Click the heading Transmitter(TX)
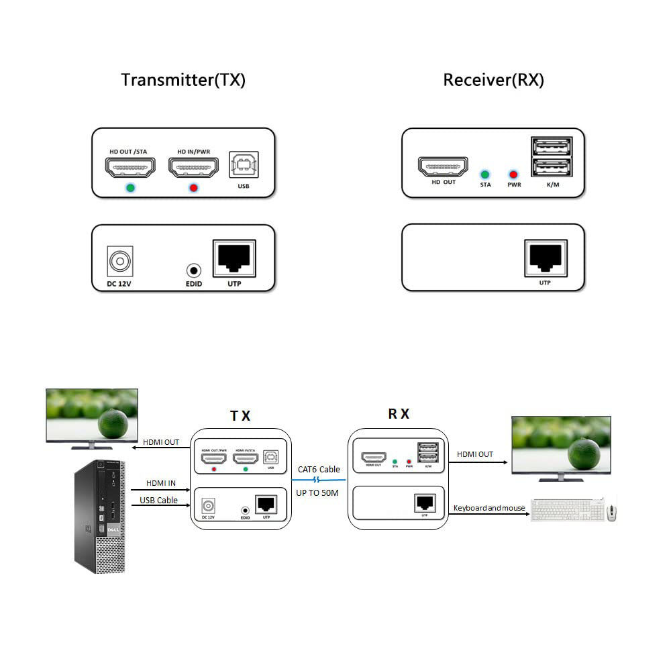(183, 80)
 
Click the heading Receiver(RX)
(493, 80)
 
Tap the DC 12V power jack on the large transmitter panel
(121, 261)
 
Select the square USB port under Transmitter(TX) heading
(243, 164)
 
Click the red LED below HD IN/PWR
(193, 187)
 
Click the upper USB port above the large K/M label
(552, 146)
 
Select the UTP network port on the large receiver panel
(545, 258)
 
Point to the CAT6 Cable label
(319, 470)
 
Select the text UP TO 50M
(319, 493)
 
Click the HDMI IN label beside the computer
(161, 483)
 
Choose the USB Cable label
(158, 500)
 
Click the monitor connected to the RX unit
(561, 446)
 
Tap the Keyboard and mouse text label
(489, 508)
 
